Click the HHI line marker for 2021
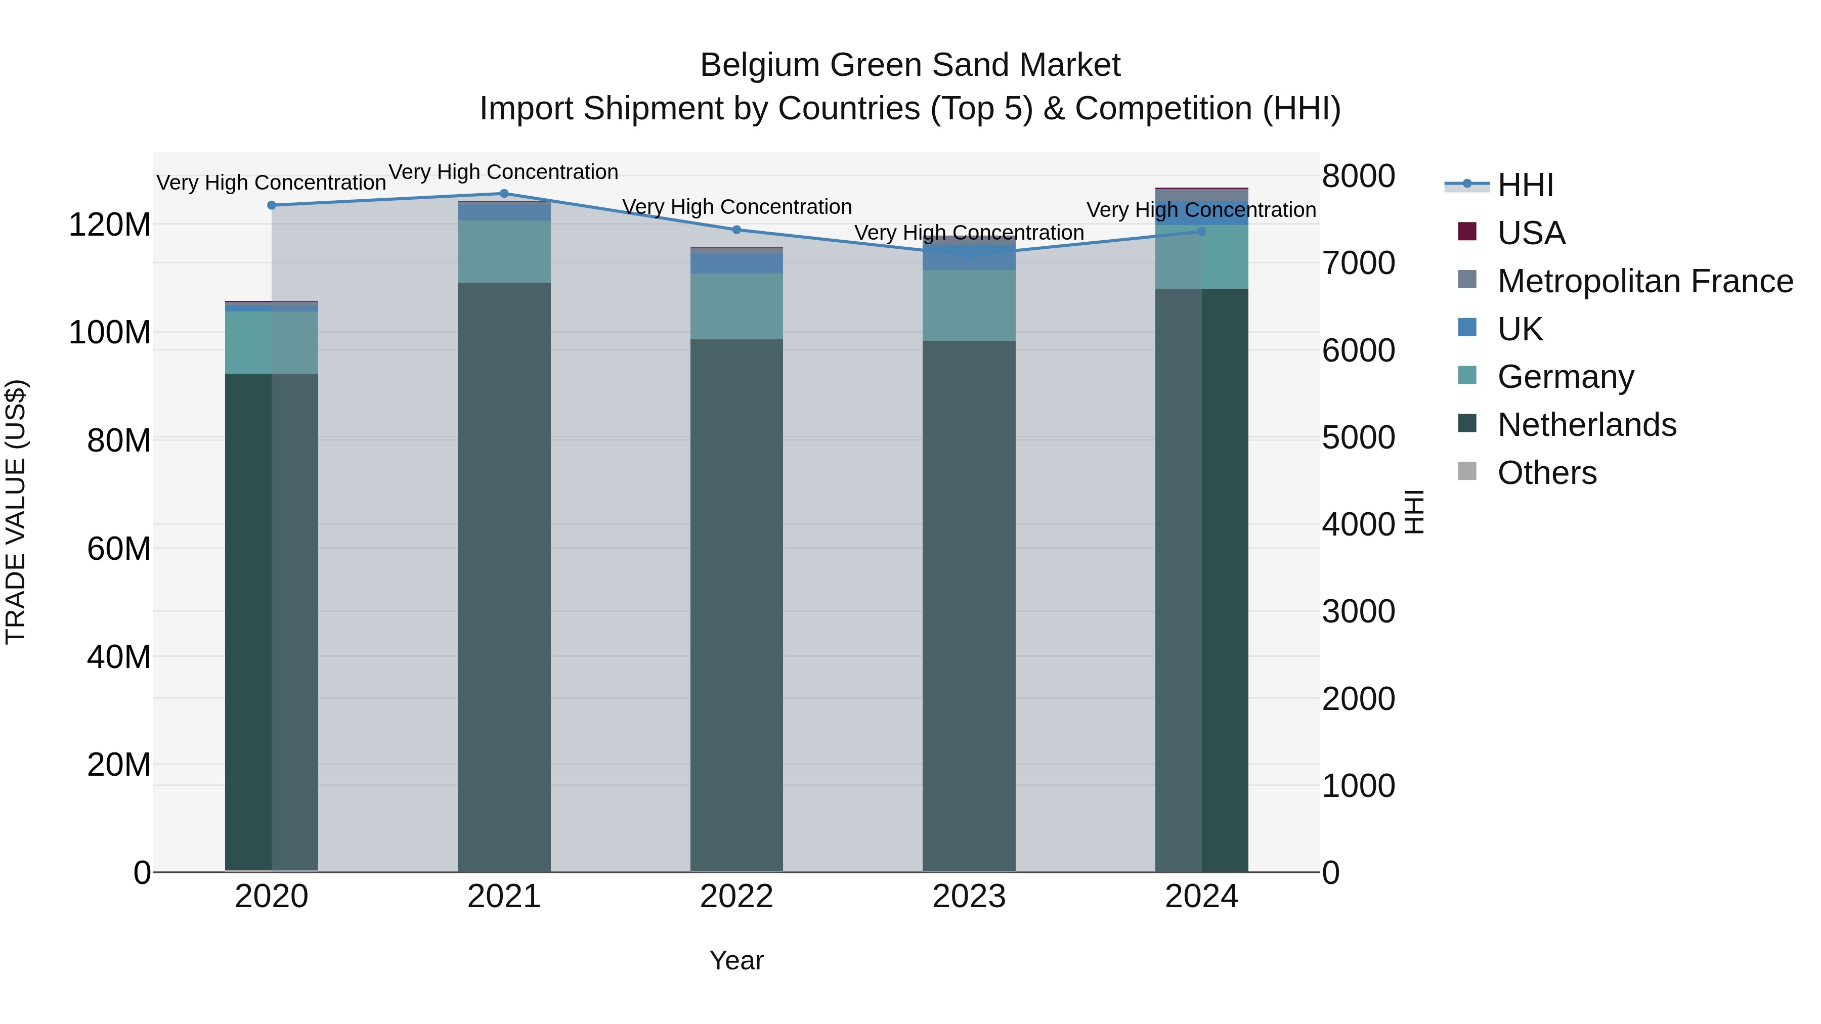(x=504, y=193)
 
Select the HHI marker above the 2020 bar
(x=272, y=205)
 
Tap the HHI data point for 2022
(x=736, y=230)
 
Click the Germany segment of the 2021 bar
(x=504, y=252)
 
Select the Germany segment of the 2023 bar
(x=969, y=305)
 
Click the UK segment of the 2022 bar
(x=736, y=263)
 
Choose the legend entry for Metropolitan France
(x=1645, y=281)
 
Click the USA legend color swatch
(x=1467, y=232)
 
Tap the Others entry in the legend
(x=1547, y=473)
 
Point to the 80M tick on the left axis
(x=119, y=440)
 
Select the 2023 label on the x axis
(x=969, y=897)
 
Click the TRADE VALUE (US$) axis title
(x=16, y=512)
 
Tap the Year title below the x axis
(x=736, y=960)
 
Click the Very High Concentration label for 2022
(x=736, y=207)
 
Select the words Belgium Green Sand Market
(x=910, y=65)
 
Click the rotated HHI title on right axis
(x=1413, y=512)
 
